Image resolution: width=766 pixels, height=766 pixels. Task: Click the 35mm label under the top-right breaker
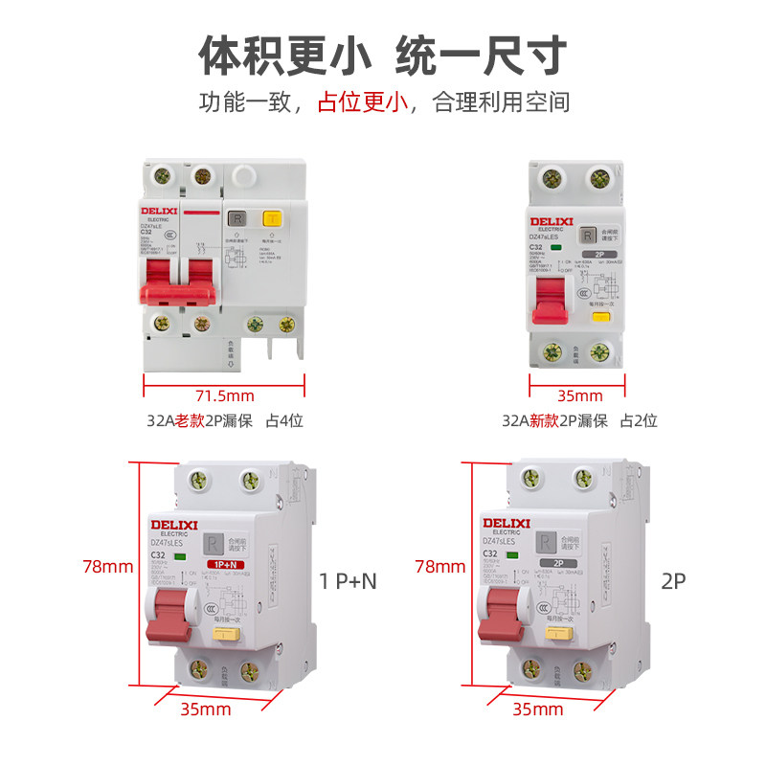coord(579,395)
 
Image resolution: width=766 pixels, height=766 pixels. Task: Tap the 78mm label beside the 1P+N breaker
coord(108,566)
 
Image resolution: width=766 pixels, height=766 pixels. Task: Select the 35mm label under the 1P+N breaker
coord(206,710)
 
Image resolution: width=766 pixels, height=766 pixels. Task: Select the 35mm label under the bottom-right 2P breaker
coord(538,710)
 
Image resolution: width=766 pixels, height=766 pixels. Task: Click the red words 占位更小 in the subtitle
coord(363,101)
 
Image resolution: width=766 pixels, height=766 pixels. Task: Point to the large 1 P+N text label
coord(347,580)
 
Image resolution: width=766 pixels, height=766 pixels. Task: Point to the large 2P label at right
coord(674,580)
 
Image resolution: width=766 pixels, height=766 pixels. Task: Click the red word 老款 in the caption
coord(188,420)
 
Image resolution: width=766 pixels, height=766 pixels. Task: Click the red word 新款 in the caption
coord(544,420)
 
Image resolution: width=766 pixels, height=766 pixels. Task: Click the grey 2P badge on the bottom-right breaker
coord(554,564)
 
